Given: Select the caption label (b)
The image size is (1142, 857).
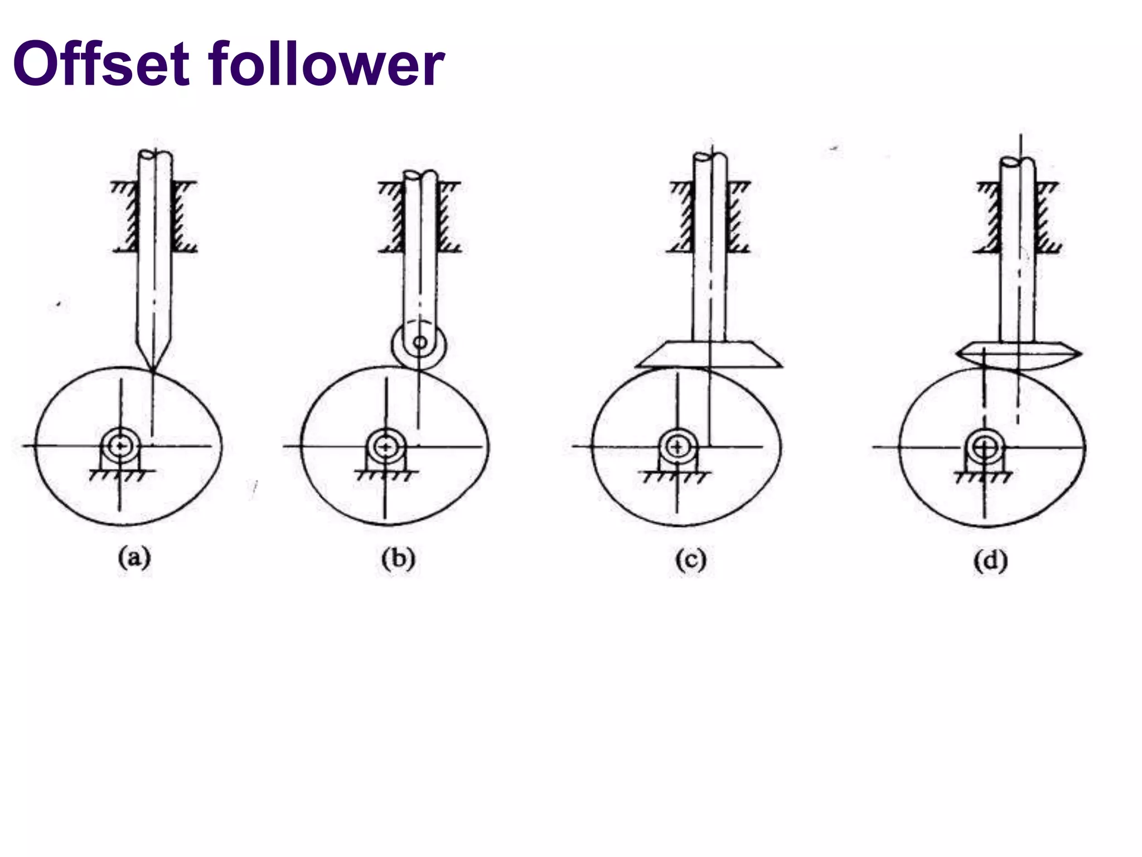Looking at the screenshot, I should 398,559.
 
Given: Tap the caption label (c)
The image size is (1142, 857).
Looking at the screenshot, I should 691,560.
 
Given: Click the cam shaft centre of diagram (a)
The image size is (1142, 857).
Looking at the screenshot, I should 119,446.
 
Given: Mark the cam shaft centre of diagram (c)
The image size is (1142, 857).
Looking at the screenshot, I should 678,446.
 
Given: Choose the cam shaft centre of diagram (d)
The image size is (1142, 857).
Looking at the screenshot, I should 986,446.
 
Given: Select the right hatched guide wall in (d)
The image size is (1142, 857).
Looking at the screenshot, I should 1044,218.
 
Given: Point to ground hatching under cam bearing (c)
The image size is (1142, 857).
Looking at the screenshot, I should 677,478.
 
